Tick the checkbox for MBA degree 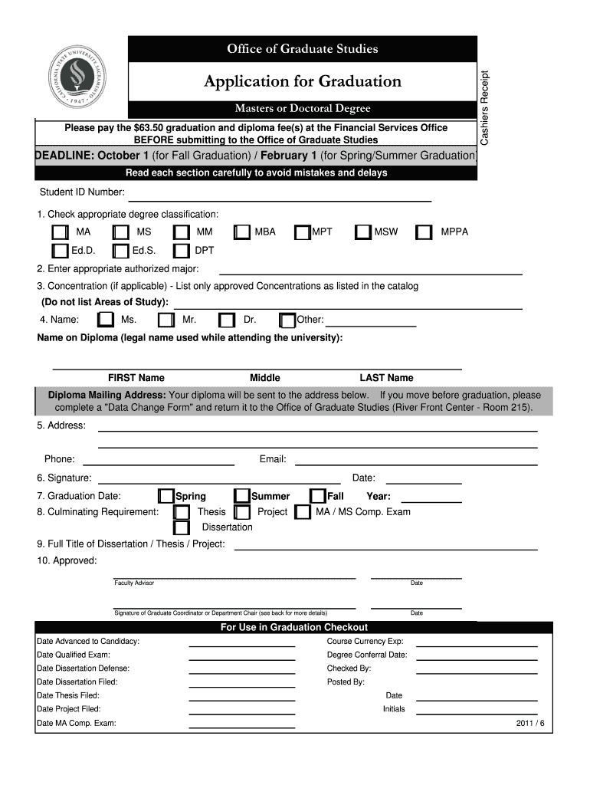242,232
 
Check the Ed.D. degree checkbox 60,251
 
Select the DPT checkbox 181,251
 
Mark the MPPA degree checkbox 424,232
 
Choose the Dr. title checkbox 227,320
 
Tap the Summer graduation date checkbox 242,497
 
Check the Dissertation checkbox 181,527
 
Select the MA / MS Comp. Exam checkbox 303,512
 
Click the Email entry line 416,462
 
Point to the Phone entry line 158,462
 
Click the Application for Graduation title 302,81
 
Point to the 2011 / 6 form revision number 530,723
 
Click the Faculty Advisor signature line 234,576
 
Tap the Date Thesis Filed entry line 241,698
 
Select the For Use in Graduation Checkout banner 293,627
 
